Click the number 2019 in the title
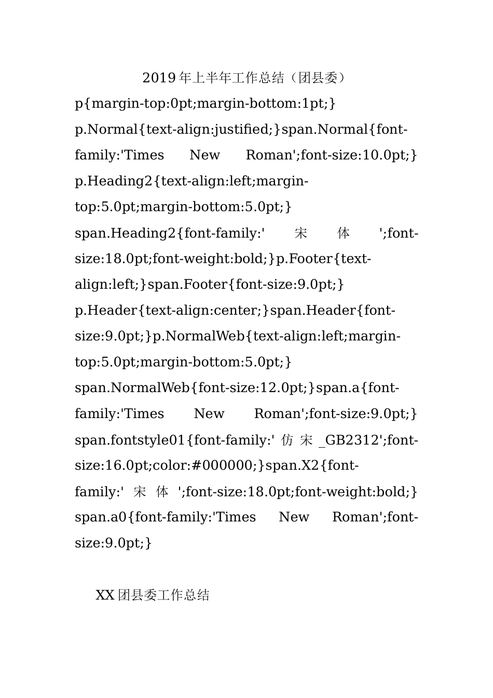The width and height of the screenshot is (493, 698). coord(159,78)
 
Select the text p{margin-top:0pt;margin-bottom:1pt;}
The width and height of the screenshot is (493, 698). coord(205,103)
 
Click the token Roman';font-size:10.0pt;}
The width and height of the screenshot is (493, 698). coord(331,155)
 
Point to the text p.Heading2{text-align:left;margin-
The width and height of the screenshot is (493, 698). coord(191,181)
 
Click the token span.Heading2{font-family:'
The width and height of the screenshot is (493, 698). coord(170,233)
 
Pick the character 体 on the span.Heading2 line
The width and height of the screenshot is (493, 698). coord(344,233)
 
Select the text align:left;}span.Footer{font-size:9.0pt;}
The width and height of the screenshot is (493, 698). coord(209,284)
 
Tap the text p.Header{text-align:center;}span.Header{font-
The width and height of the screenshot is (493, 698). coord(235,310)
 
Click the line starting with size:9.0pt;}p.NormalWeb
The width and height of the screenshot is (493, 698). coord(237,336)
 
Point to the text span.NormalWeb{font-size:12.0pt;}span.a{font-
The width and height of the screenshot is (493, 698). coord(237,388)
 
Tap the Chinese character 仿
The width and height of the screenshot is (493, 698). coord(287,440)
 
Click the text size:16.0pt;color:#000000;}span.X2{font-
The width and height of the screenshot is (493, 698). coord(216,465)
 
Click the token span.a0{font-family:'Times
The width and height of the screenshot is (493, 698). coord(165,517)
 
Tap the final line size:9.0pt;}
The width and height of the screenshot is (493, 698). coord(113,543)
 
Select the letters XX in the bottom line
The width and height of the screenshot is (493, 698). coord(105,595)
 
